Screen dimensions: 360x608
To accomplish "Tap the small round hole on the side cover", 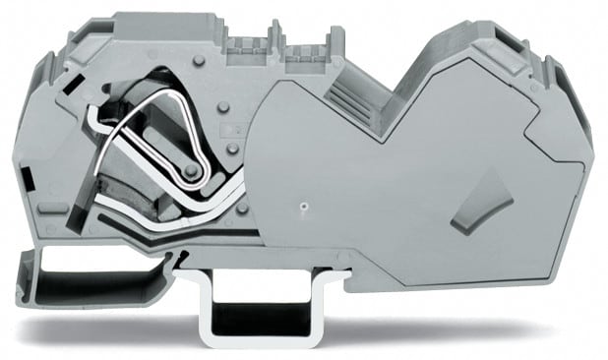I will (x=305, y=208).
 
